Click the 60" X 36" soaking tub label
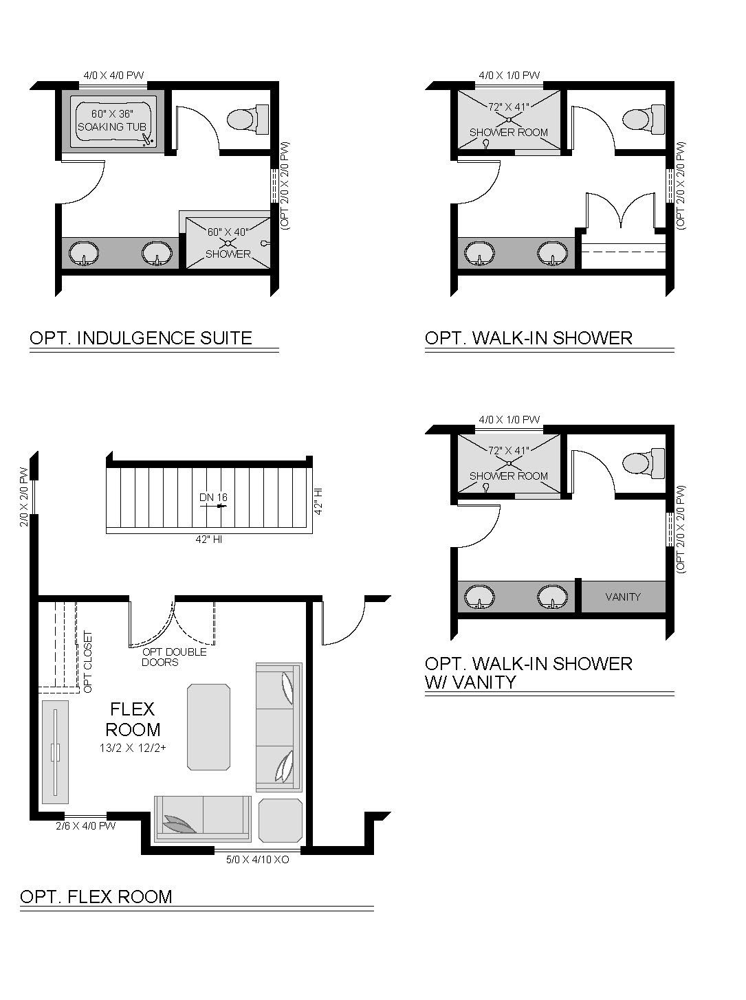click(x=112, y=120)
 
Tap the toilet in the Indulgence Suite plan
click(x=248, y=119)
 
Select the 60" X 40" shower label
click(x=228, y=243)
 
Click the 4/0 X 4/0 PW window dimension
click(x=113, y=75)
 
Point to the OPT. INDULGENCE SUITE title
click(x=141, y=338)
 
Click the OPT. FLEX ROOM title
click(x=96, y=897)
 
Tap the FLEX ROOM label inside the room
click(x=133, y=720)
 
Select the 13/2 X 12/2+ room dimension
click(x=133, y=748)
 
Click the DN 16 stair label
click(x=213, y=498)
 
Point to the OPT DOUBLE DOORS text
click(x=174, y=657)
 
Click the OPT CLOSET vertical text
click(x=88, y=661)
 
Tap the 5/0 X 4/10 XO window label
click(x=257, y=860)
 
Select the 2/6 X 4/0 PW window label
click(x=86, y=826)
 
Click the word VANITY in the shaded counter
click(x=623, y=597)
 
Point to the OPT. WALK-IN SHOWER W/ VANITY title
click(x=529, y=673)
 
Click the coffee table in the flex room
click(x=209, y=726)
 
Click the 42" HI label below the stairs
click(x=209, y=540)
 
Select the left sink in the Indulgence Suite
click(x=84, y=253)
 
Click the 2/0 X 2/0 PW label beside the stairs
click(x=24, y=497)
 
